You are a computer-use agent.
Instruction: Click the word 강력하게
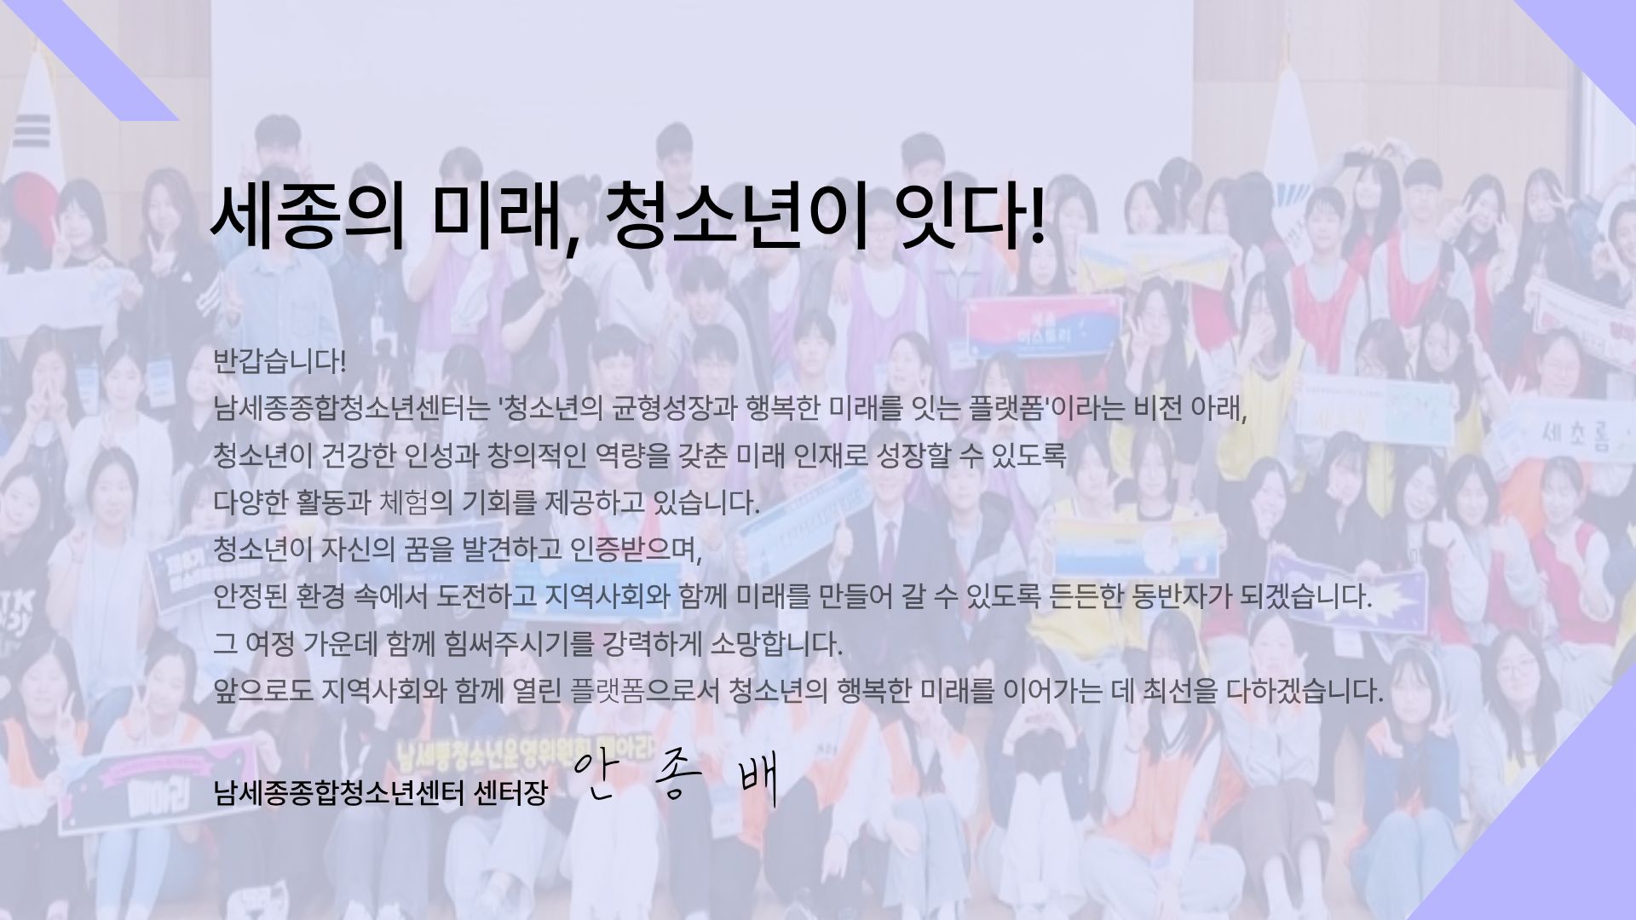point(652,644)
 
